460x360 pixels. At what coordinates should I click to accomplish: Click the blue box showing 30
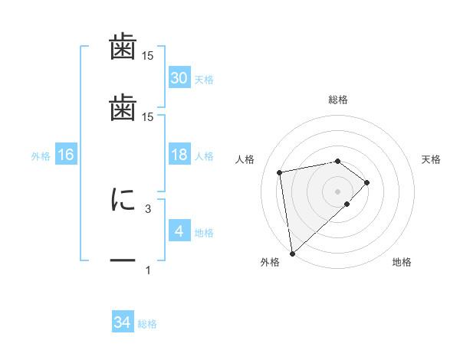coord(179,78)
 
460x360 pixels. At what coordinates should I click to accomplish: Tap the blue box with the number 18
coord(179,155)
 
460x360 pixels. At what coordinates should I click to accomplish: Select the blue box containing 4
coord(179,231)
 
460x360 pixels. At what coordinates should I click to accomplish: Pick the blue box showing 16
coord(66,155)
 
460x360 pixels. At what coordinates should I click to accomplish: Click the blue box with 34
coord(123,322)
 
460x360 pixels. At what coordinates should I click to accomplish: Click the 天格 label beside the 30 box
coord(203,79)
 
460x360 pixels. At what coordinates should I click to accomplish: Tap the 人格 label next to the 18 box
coord(203,156)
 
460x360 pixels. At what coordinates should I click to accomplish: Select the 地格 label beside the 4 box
coord(203,232)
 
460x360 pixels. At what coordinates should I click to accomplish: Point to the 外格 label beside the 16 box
coord(41,156)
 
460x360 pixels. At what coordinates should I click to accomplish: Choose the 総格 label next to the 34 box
coord(147,324)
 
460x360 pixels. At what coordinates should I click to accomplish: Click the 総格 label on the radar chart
coord(338,100)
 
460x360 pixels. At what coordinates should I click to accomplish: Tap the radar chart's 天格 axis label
coord(432,159)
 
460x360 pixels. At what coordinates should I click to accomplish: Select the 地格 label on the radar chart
coord(402,263)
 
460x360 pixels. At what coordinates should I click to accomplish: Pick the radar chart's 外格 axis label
coord(270,263)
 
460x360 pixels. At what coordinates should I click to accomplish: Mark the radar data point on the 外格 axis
coord(291,253)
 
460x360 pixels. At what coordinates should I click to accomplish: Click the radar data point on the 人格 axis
coord(281,172)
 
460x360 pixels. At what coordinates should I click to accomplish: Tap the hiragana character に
coord(123,201)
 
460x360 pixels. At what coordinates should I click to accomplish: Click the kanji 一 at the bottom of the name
coord(123,261)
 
